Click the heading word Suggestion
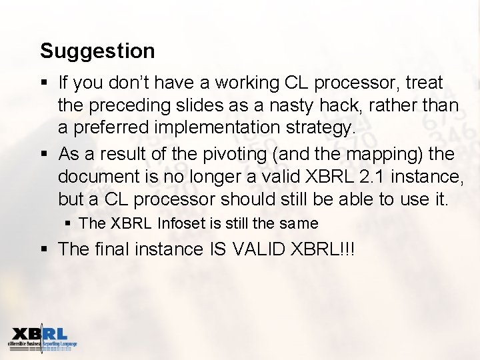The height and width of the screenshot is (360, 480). click(x=97, y=51)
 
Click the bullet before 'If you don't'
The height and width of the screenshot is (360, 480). click(x=44, y=83)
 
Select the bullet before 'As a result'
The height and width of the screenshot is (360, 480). click(x=44, y=155)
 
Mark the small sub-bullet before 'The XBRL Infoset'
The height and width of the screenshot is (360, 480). click(x=69, y=224)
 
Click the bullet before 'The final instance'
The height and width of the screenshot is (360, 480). click(x=44, y=250)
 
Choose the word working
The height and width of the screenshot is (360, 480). click(x=245, y=83)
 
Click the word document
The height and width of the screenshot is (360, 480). click(x=96, y=176)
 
